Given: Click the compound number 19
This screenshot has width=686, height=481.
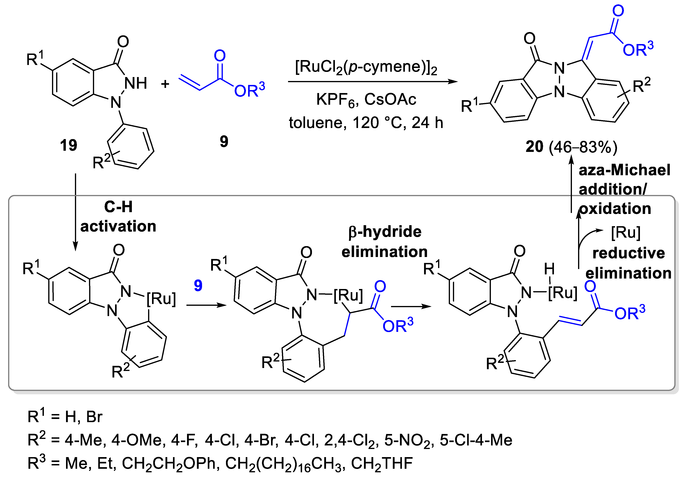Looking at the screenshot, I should pyautogui.click(x=68, y=145).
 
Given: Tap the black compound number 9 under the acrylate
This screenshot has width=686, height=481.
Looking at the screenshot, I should pyautogui.click(x=224, y=141).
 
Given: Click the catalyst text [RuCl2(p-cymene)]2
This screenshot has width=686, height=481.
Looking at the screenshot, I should pyautogui.click(x=366, y=67).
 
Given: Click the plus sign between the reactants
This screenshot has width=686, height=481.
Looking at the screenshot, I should pyautogui.click(x=165, y=84).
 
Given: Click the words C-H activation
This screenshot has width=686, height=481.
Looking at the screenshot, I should pyautogui.click(x=118, y=216).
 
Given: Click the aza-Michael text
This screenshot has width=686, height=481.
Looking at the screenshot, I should pyautogui.click(x=625, y=170).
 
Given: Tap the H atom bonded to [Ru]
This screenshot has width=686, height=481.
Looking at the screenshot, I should pyautogui.click(x=549, y=269).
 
